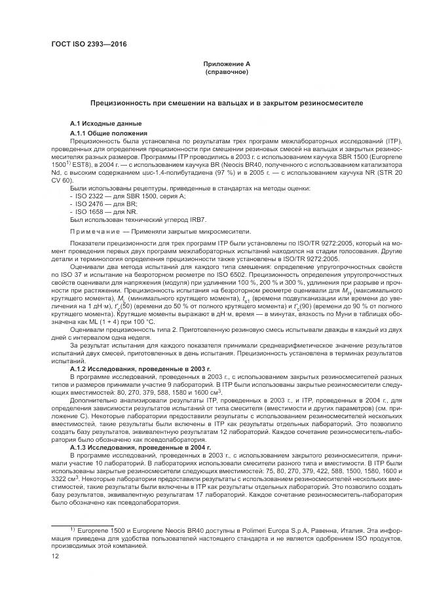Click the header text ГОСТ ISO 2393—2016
(x=88, y=45)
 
